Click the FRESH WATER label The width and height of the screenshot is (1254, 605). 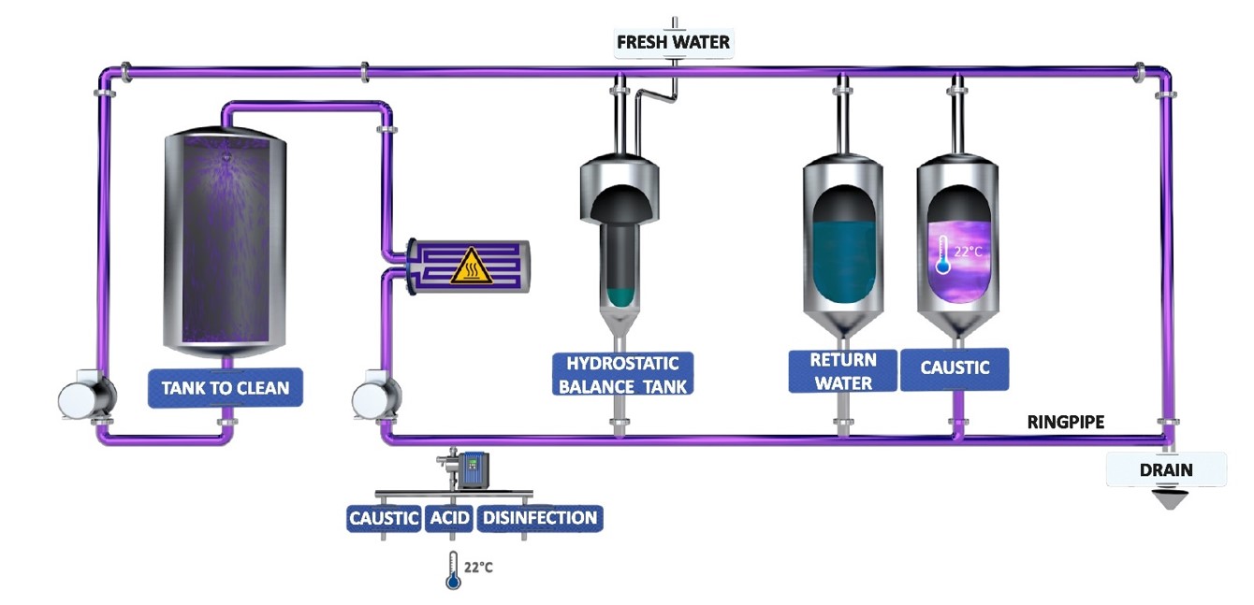673,42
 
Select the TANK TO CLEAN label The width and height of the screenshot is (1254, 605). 226,387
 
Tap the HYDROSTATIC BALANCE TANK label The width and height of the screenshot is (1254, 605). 621,373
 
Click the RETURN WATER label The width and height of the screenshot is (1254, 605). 843,371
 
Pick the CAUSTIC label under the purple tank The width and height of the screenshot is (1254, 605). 955,368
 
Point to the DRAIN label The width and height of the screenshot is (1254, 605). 1165,469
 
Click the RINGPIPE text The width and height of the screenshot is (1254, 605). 1066,423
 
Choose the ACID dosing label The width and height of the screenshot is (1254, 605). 448,518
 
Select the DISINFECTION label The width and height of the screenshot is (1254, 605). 539,518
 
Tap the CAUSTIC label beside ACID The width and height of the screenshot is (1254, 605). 384,518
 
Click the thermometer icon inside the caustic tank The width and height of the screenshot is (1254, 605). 943,254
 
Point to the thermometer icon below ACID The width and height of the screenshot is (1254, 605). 453,570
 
